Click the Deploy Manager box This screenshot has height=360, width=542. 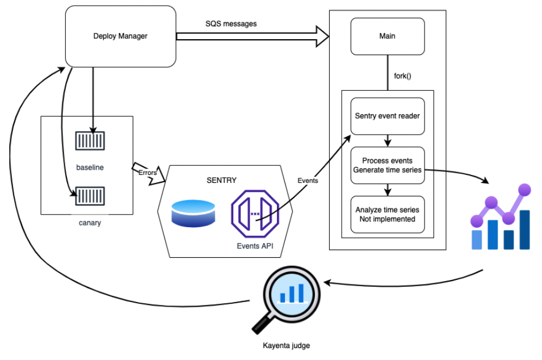click(120, 36)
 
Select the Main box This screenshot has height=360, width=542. click(387, 36)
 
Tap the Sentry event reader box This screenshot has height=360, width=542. click(387, 116)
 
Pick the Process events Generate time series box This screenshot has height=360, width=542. click(387, 165)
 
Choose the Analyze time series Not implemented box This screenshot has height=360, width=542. click(387, 214)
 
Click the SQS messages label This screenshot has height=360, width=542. click(231, 24)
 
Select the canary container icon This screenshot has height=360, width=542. click(90, 196)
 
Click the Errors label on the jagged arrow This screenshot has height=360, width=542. click(148, 173)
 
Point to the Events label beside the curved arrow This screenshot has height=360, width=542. click(308, 181)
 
